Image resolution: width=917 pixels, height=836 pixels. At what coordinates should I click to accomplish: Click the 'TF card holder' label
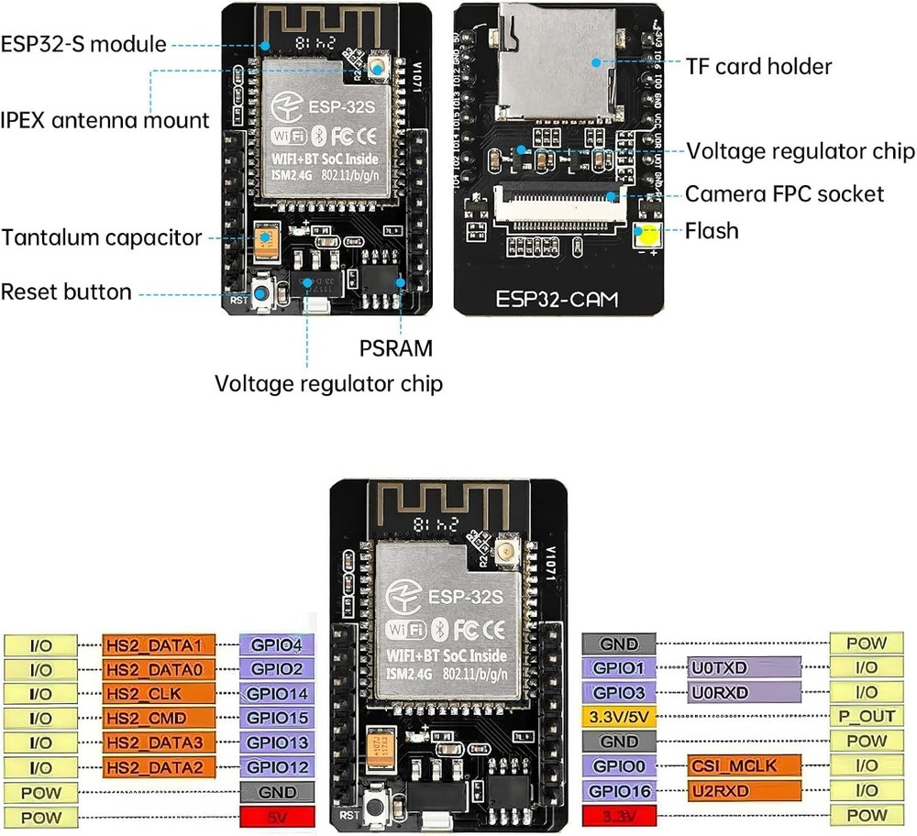point(758,66)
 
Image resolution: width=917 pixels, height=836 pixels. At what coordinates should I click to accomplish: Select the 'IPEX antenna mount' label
point(105,120)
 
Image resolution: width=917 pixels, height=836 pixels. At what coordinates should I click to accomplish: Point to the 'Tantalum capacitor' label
point(102,238)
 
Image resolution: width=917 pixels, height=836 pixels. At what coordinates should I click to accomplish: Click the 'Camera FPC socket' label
point(785,193)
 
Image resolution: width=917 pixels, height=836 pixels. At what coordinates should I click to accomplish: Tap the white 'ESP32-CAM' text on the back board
point(557,299)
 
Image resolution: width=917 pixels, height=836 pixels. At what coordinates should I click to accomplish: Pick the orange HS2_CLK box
point(160,692)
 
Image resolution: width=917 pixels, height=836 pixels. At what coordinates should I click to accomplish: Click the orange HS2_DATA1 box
point(160,644)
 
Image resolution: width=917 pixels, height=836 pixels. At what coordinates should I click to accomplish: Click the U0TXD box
point(744,667)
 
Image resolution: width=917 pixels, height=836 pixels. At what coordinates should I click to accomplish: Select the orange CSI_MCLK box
point(744,765)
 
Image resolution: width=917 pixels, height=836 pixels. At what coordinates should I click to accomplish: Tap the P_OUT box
point(866,716)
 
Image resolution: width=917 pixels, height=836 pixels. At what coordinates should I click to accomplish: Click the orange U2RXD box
point(744,790)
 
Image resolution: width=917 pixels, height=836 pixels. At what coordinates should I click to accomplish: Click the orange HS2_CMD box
point(160,717)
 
